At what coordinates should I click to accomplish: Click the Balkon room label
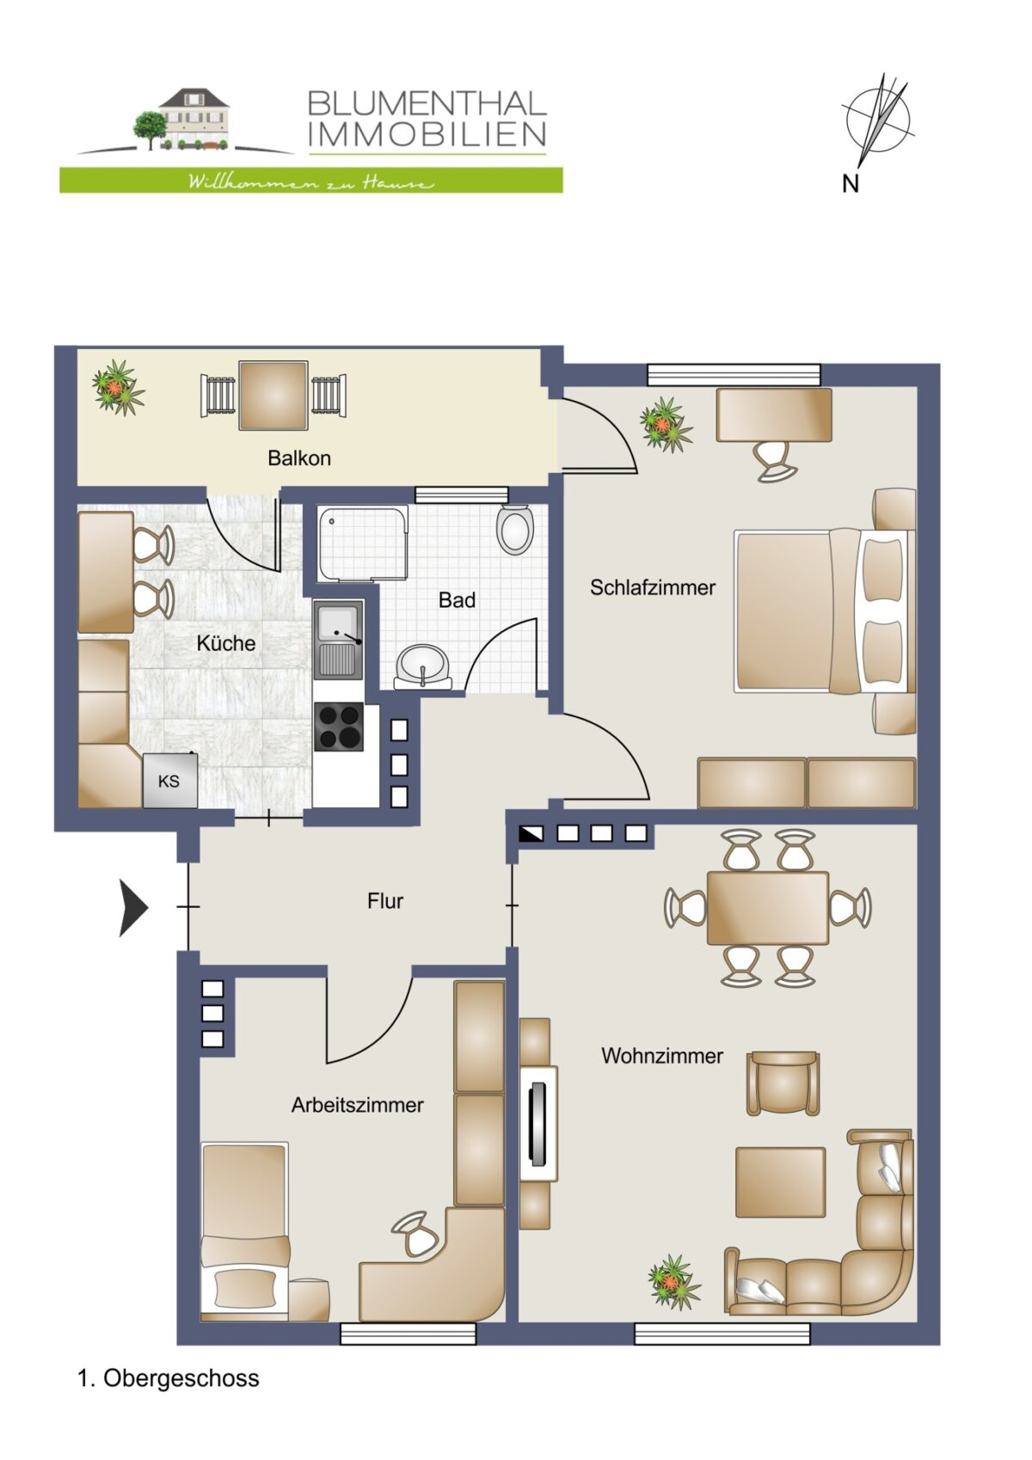[x=299, y=458]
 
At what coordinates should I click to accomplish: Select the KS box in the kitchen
[x=169, y=780]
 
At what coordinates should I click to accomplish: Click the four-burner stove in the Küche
[x=338, y=727]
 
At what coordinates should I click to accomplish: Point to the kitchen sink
[x=338, y=640]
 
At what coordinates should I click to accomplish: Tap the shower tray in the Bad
[x=362, y=543]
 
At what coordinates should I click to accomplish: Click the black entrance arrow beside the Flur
[x=133, y=907]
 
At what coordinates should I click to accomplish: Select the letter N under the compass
[x=851, y=185]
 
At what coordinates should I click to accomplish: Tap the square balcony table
[x=273, y=396]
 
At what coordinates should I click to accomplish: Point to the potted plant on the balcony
[x=118, y=387]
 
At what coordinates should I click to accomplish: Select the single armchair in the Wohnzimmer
[x=783, y=1084]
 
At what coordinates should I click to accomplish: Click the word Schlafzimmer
[x=653, y=588]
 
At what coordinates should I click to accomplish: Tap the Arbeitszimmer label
[x=357, y=1106]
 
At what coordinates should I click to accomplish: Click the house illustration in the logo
[x=185, y=120]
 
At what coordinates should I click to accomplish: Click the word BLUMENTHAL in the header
[x=427, y=104]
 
